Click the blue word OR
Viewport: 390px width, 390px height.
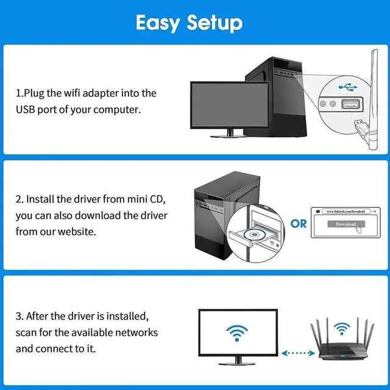[299, 224]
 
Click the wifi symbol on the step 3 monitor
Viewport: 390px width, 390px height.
[238, 332]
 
